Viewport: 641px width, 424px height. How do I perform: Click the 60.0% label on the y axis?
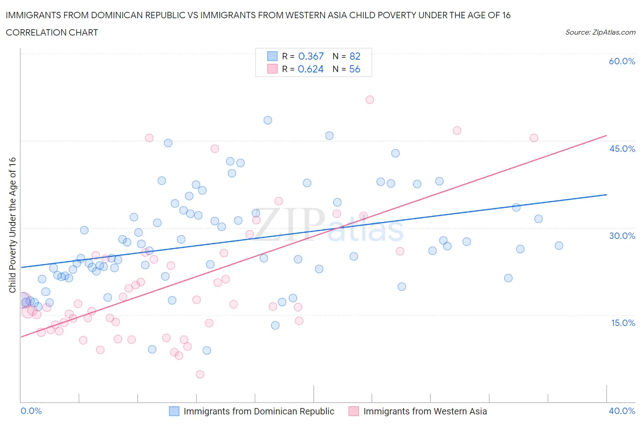click(622, 62)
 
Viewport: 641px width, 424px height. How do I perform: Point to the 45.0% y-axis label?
click(622, 149)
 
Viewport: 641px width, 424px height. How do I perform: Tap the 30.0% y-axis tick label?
click(622, 236)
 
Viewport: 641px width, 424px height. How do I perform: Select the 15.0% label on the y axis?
click(622, 323)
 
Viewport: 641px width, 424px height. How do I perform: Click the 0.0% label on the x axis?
click(31, 411)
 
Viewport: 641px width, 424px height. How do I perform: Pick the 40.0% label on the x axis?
click(622, 411)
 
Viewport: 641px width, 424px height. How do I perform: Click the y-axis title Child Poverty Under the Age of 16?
click(12, 225)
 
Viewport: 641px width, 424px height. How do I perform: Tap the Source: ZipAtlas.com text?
click(600, 32)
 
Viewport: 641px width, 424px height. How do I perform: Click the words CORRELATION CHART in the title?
click(52, 32)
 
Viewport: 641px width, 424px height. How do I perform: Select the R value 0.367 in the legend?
click(310, 56)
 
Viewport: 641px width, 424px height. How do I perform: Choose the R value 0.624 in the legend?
click(310, 69)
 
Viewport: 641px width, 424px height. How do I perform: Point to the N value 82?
click(355, 56)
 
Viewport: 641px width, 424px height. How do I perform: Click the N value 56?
click(355, 69)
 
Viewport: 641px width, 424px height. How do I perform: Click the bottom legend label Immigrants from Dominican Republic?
click(258, 411)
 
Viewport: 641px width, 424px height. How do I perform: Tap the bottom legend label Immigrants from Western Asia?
click(425, 411)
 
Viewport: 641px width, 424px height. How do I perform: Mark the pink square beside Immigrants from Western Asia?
click(353, 411)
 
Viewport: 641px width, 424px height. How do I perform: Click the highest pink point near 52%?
click(370, 100)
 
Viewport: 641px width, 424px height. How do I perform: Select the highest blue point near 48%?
click(268, 120)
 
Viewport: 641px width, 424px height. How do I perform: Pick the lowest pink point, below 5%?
click(200, 374)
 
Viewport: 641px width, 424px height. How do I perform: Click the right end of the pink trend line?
click(606, 135)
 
